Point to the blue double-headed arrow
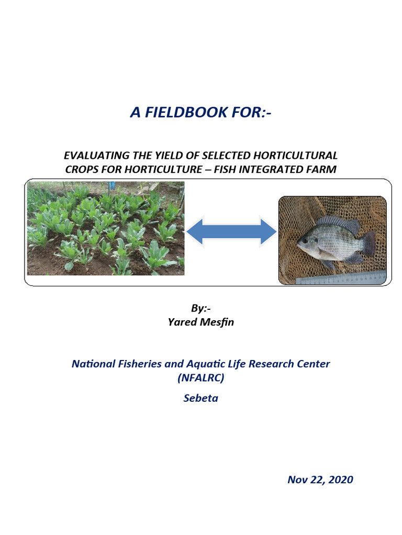coord(231,231)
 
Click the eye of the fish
coord(304,241)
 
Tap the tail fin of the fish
coord(368,243)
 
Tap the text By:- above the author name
coord(200,309)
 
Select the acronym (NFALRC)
coord(201,377)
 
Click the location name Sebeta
coord(201,398)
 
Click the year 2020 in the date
coord(339,480)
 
